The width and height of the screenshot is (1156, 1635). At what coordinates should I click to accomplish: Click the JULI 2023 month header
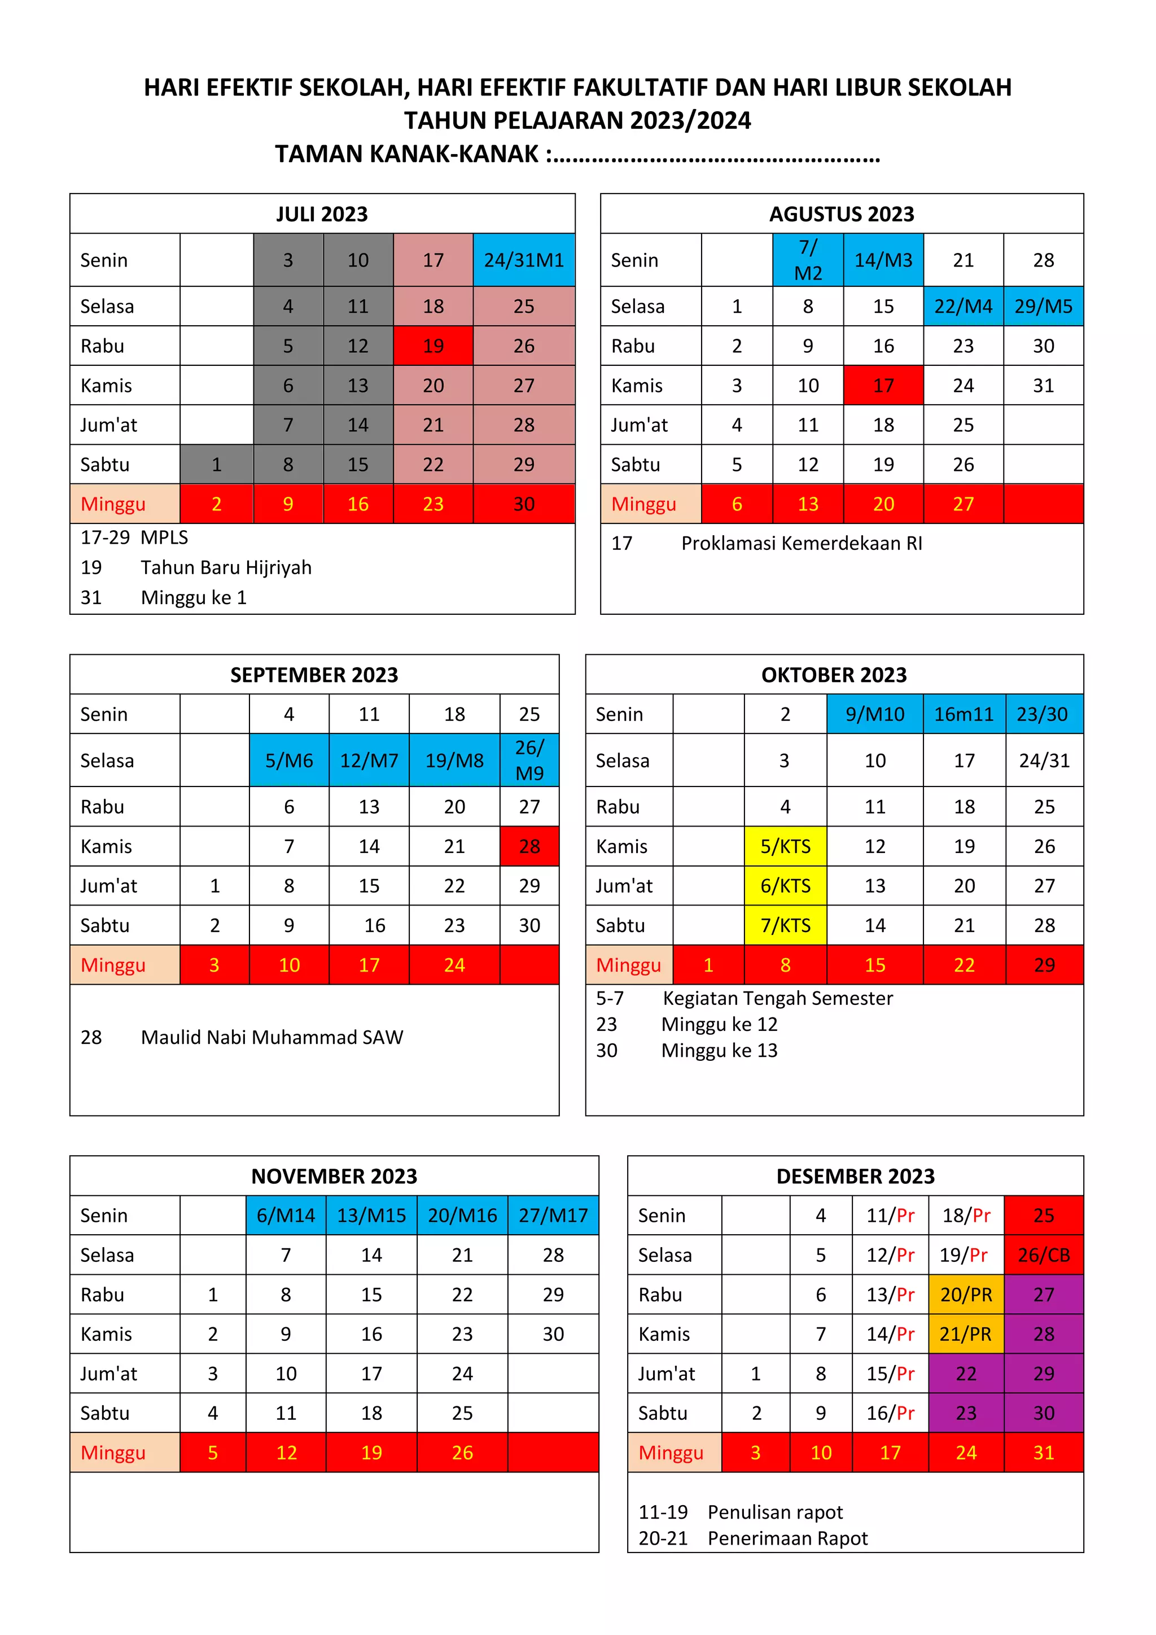322,213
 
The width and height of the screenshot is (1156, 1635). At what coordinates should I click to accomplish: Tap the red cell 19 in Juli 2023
433,346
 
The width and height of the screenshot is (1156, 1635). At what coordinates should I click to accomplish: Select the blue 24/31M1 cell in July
524,260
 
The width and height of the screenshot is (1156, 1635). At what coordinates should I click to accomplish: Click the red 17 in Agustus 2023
883,385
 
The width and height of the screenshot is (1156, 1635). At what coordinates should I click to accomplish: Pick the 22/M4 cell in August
963,306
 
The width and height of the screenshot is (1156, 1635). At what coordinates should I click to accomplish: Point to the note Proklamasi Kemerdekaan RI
802,543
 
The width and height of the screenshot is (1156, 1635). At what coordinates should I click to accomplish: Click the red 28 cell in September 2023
529,846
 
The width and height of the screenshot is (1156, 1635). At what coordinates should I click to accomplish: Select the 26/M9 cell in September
529,760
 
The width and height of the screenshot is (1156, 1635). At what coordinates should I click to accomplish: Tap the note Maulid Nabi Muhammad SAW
272,1037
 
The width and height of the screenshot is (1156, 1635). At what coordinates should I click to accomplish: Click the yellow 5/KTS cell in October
785,846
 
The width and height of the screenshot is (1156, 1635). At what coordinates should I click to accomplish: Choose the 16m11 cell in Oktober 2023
964,714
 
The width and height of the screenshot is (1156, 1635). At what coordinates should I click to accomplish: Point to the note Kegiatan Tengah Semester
777,998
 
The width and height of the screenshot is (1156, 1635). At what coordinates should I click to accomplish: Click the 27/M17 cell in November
553,1215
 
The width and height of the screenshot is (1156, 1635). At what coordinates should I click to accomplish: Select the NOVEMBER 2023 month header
334,1175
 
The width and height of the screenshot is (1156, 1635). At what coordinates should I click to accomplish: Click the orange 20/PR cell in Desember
966,1295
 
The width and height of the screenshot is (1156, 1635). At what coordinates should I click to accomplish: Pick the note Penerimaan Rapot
787,1538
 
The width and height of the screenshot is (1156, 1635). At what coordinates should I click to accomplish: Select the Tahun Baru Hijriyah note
226,567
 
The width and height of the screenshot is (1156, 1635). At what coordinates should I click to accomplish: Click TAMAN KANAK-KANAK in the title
406,154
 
